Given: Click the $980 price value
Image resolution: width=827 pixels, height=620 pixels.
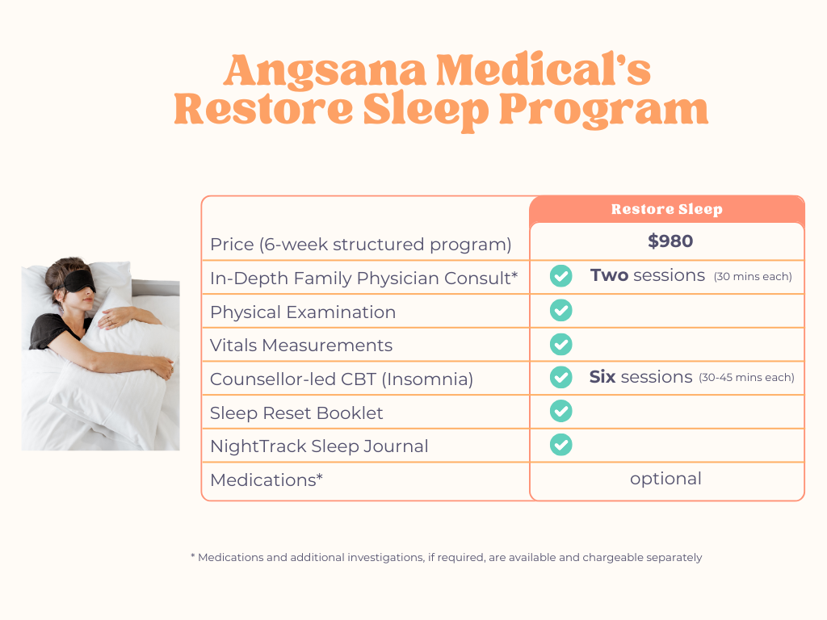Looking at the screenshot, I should pyautogui.click(x=670, y=241).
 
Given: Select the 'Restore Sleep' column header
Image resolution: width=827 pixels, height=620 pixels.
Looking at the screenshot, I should pyautogui.click(x=666, y=210).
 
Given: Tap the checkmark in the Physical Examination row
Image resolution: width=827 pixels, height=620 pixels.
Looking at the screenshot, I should pyautogui.click(x=560, y=311).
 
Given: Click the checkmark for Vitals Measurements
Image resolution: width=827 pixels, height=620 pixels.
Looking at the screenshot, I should pyautogui.click(x=560, y=345).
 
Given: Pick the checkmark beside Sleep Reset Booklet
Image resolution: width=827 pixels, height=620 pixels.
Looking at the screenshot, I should pyautogui.click(x=560, y=411).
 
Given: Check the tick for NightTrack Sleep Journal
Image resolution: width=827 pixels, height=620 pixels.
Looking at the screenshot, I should pyautogui.click(x=560, y=445).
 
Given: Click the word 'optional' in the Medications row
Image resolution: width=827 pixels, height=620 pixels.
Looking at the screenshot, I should pyautogui.click(x=665, y=479).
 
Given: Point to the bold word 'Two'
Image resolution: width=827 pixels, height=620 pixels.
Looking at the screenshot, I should pyautogui.click(x=609, y=275).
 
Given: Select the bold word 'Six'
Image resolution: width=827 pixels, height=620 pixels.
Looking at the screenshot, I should pyautogui.click(x=602, y=377).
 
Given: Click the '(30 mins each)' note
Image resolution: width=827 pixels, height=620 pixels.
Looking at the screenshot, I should pyautogui.click(x=753, y=277).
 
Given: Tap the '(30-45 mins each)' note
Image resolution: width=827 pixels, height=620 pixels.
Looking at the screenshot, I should pyautogui.click(x=746, y=378).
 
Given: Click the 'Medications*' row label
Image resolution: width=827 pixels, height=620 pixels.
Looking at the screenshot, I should pyautogui.click(x=267, y=480).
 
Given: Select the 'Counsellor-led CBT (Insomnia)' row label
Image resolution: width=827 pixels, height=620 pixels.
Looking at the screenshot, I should pyautogui.click(x=341, y=379).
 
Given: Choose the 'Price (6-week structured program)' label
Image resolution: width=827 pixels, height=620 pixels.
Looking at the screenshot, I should pyautogui.click(x=360, y=245).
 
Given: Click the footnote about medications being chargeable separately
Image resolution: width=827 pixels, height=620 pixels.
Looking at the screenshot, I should pyautogui.click(x=446, y=557).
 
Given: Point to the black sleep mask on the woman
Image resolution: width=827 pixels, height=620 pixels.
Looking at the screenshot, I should pyautogui.click(x=75, y=280).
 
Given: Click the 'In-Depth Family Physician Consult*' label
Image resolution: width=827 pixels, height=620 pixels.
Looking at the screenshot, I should pyautogui.click(x=363, y=279).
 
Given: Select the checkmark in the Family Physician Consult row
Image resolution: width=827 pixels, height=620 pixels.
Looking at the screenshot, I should pyautogui.click(x=560, y=276).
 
